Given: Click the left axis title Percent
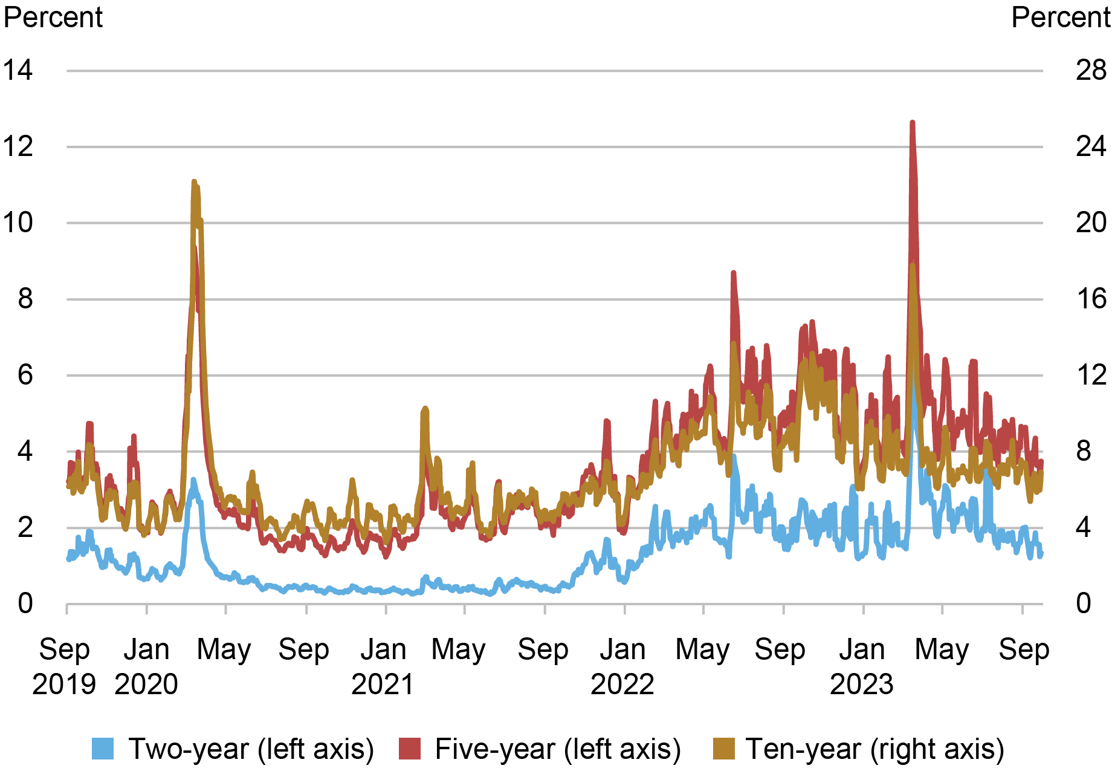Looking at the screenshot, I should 53,17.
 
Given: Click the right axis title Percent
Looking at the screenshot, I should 1061,17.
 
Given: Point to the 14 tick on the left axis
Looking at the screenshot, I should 18,70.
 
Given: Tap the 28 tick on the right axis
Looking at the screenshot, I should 1091,70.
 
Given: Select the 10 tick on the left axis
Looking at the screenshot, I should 18,223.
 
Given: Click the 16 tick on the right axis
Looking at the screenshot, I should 1091,299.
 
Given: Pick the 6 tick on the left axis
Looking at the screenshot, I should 25,375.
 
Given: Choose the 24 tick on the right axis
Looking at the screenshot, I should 1091,146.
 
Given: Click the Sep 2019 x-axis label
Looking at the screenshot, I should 64,666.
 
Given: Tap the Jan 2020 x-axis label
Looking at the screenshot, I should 146,666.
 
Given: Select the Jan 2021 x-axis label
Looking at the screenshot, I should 383,666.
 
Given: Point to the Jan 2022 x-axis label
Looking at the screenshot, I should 622,666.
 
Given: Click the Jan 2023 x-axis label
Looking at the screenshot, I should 862,666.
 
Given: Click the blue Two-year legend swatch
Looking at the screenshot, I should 103,749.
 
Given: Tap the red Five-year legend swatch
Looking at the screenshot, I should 409,749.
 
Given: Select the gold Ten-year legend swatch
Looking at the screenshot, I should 724,749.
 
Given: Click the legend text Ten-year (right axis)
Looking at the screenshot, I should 875,749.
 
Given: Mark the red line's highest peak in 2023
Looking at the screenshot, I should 912,123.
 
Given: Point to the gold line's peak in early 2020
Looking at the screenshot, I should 194,181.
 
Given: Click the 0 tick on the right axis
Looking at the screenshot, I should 1084,603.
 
